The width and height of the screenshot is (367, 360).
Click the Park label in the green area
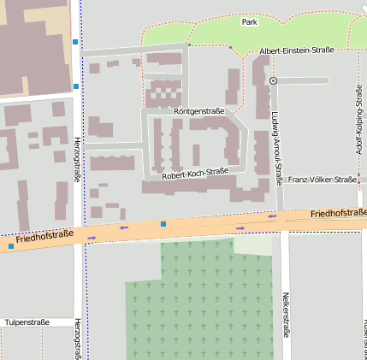[249, 21]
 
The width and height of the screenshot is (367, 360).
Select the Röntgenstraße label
[198, 112]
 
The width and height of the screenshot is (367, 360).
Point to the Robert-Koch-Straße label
[195, 174]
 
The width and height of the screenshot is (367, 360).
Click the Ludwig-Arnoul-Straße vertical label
[276, 149]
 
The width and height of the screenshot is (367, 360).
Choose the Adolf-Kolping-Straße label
[358, 120]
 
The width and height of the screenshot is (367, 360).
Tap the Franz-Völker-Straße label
[322, 180]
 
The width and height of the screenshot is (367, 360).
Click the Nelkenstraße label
[285, 314]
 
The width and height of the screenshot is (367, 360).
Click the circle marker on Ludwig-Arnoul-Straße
[273, 80]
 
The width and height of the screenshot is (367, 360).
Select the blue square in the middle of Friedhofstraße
[163, 224]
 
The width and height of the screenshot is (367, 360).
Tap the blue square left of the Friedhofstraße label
[11, 246]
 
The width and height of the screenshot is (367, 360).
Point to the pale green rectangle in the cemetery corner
[252, 245]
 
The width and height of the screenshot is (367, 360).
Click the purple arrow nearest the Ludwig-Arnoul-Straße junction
[272, 216]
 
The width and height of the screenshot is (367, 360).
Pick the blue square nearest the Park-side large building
[76, 41]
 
